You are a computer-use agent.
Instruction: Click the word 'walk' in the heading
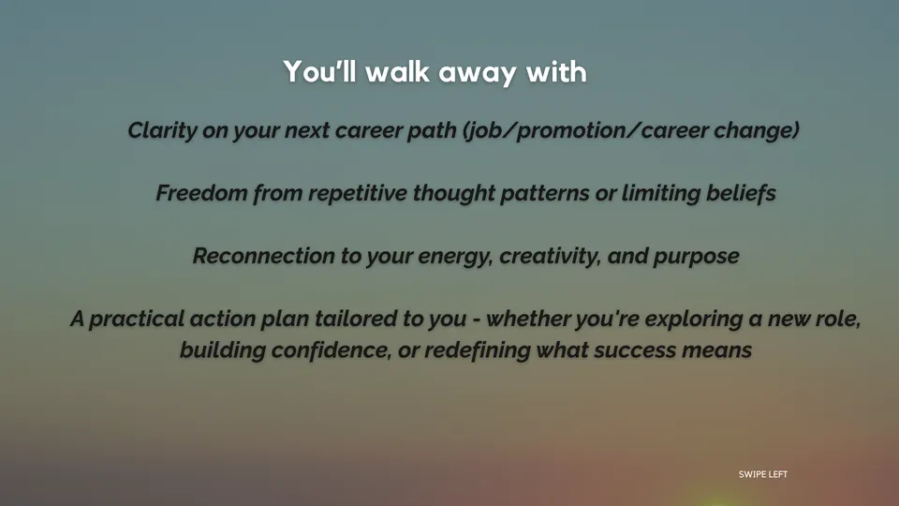tap(397, 72)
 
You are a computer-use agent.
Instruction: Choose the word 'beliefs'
tap(741, 193)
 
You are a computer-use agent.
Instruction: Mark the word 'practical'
tap(137, 320)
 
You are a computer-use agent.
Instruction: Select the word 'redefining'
tap(477, 350)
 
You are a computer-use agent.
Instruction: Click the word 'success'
tap(635, 350)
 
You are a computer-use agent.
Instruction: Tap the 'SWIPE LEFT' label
tap(762, 474)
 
